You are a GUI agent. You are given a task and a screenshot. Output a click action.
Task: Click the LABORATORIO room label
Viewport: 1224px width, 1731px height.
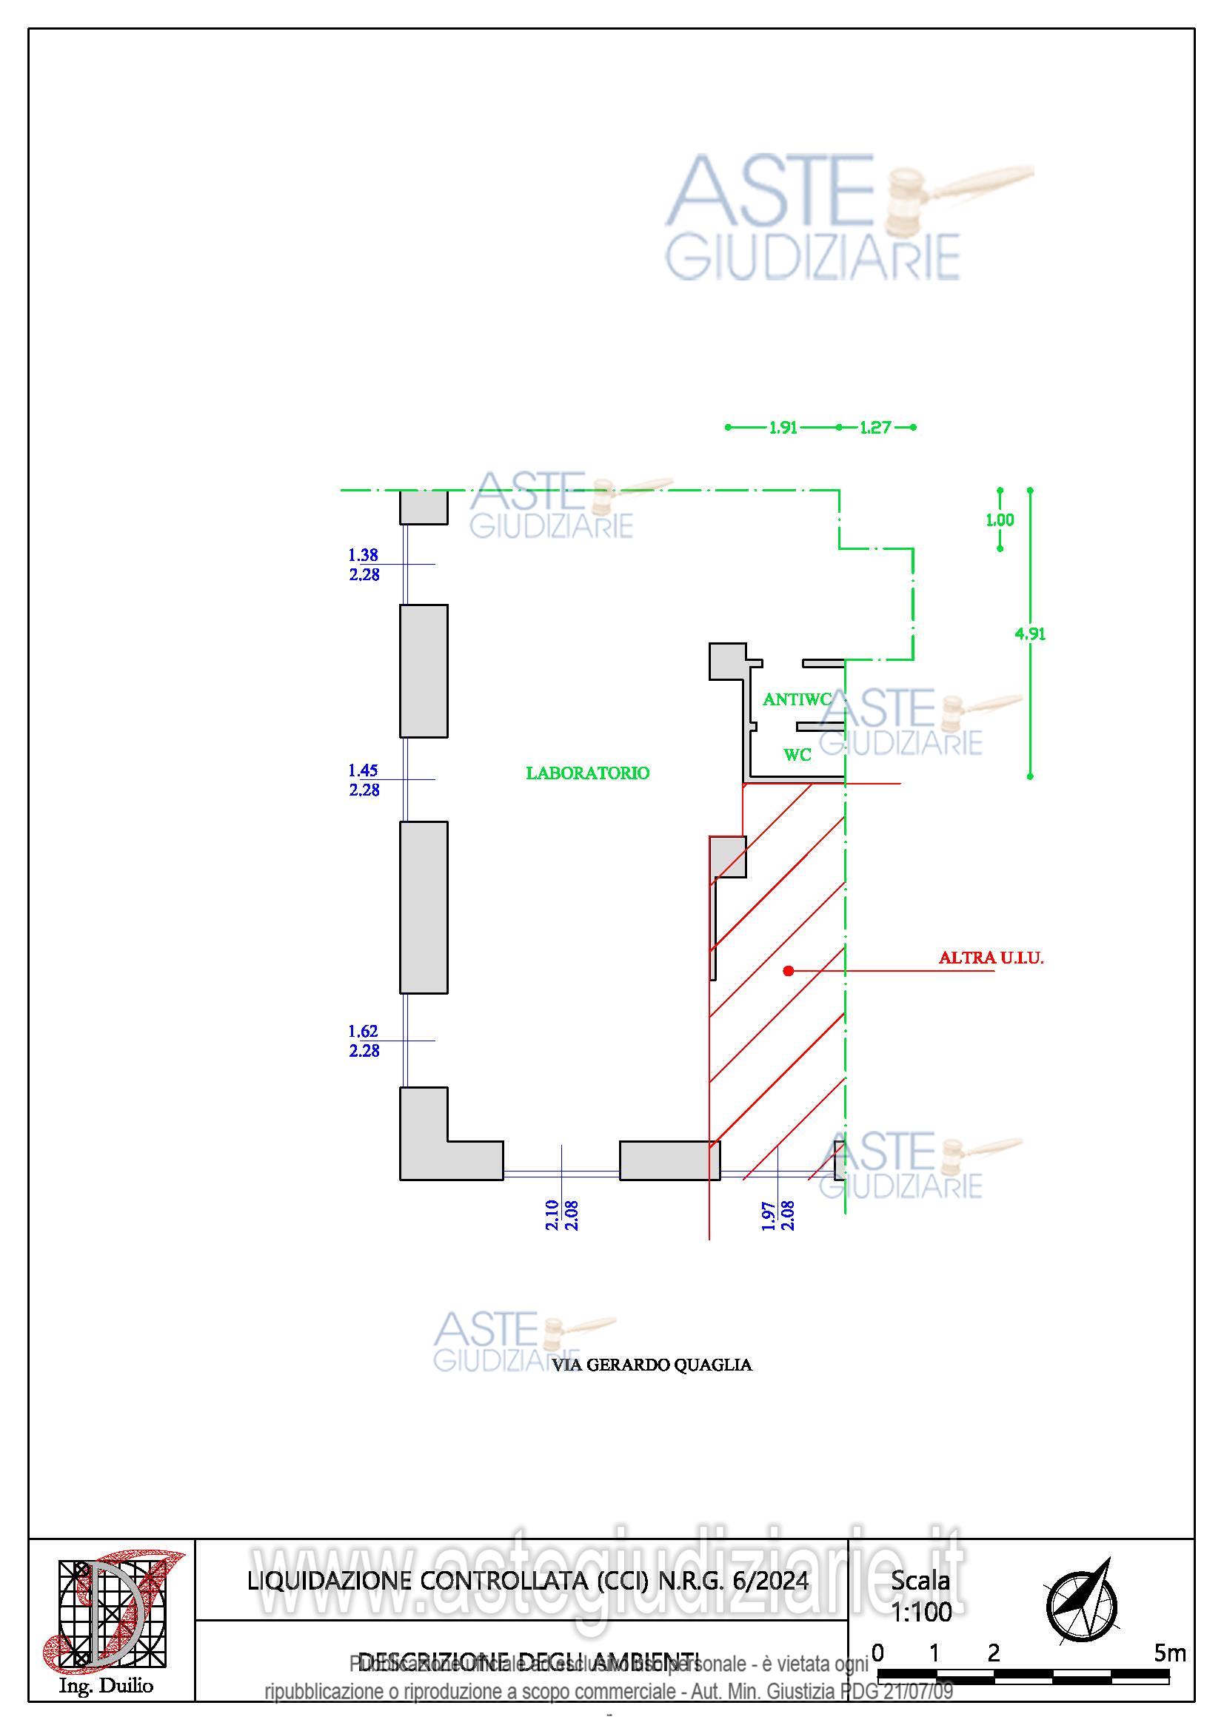click(x=587, y=773)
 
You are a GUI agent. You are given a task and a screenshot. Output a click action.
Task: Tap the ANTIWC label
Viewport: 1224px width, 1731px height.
click(x=797, y=699)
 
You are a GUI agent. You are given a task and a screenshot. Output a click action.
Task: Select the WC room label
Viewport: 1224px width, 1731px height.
click(x=797, y=755)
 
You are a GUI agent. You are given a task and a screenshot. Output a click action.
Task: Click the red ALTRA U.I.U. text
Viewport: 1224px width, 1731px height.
click(x=990, y=958)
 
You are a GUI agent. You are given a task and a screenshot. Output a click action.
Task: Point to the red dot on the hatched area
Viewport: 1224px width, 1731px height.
click(x=788, y=971)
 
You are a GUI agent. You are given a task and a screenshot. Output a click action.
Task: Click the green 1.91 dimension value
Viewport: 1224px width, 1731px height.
click(x=783, y=428)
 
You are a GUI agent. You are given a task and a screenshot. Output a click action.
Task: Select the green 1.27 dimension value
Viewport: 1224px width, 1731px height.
click(x=874, y=428)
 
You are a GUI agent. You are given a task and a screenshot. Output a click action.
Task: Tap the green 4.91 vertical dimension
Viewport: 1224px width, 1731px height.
click(x=1029, y=634)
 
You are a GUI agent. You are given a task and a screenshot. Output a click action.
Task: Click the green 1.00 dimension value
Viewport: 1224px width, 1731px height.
click(x=1000, y=520)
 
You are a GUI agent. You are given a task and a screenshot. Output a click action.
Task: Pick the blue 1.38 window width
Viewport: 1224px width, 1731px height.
click(x=363, y=555)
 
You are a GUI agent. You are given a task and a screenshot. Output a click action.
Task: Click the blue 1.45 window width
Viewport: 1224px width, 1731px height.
click(x=363, y=770)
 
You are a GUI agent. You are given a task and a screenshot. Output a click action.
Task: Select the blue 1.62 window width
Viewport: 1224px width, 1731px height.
click(x=363, y=1032)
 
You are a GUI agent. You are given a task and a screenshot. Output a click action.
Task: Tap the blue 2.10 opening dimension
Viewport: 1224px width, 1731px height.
click(x=552, y=1214)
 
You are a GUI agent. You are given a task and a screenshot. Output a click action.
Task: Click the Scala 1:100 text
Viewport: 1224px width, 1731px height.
click(x=921, y=1596)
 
